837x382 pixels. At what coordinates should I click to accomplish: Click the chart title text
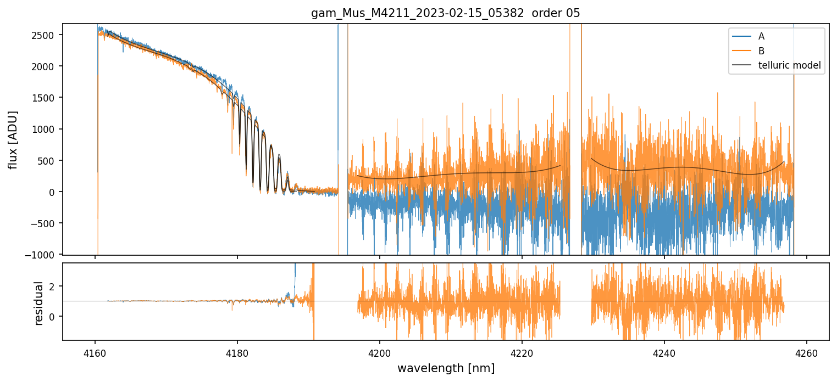point(446,13)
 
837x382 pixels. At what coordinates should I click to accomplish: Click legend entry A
point(761,36)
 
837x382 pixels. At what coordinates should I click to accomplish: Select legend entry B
point(761,51)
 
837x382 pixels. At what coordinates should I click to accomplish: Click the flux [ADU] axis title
point(13,139)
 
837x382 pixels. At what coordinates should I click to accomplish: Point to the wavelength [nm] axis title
point(446,368)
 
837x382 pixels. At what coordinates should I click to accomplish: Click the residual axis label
point(38,303)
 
